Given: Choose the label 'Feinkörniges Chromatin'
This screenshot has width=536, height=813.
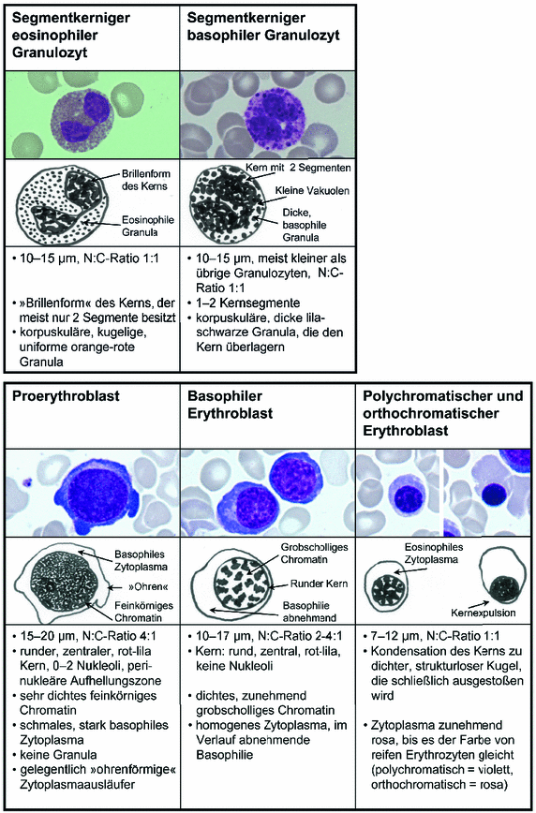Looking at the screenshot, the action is point(142,612).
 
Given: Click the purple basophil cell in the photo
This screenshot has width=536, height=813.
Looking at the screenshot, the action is point(268,113).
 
